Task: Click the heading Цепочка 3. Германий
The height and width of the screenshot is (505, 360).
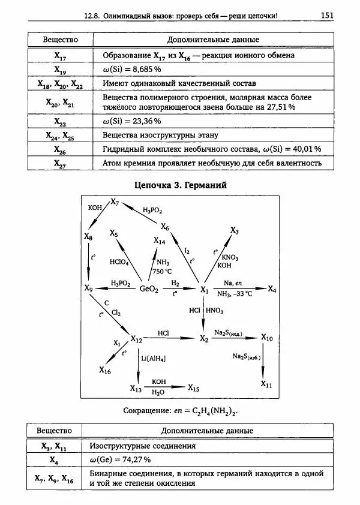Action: click(180, 185)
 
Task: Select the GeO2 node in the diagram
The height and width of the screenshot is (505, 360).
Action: click(149, 289)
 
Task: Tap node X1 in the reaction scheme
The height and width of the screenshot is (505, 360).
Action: click(204, 290)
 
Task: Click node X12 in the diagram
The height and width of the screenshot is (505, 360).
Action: click(136, 340)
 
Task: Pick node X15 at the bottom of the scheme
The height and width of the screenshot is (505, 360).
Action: click(193, 388)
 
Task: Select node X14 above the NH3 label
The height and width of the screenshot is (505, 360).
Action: click(160, 241)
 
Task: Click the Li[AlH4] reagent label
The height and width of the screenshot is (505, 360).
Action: click(153, 358)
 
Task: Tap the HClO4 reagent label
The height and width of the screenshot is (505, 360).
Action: click(119, 262)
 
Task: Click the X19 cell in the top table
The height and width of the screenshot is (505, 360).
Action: click(60, 70)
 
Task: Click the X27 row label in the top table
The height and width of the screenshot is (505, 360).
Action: click(60, 163)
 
